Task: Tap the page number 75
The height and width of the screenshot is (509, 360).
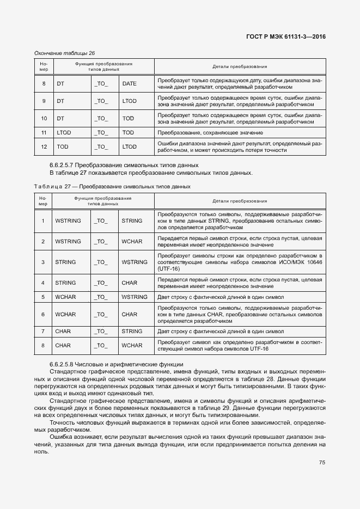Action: [322, 463]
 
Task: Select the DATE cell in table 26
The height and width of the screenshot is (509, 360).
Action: [129, 83]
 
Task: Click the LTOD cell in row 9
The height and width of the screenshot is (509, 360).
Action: [129, 101]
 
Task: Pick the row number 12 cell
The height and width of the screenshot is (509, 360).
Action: [44, 146]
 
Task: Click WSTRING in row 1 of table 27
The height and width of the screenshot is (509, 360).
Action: [68, 220]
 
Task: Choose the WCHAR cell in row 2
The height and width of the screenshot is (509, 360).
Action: [132, 241]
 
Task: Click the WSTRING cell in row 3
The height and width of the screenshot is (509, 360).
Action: [135, 262]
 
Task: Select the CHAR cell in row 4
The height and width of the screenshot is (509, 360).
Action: [129, 283]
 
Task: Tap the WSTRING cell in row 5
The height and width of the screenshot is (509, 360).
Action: [135, 297]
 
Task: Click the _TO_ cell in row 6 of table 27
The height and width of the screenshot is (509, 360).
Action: [101, 314]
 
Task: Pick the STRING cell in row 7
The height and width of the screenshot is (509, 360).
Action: [132, 331]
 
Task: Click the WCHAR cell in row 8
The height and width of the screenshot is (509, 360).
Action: [132, 345]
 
